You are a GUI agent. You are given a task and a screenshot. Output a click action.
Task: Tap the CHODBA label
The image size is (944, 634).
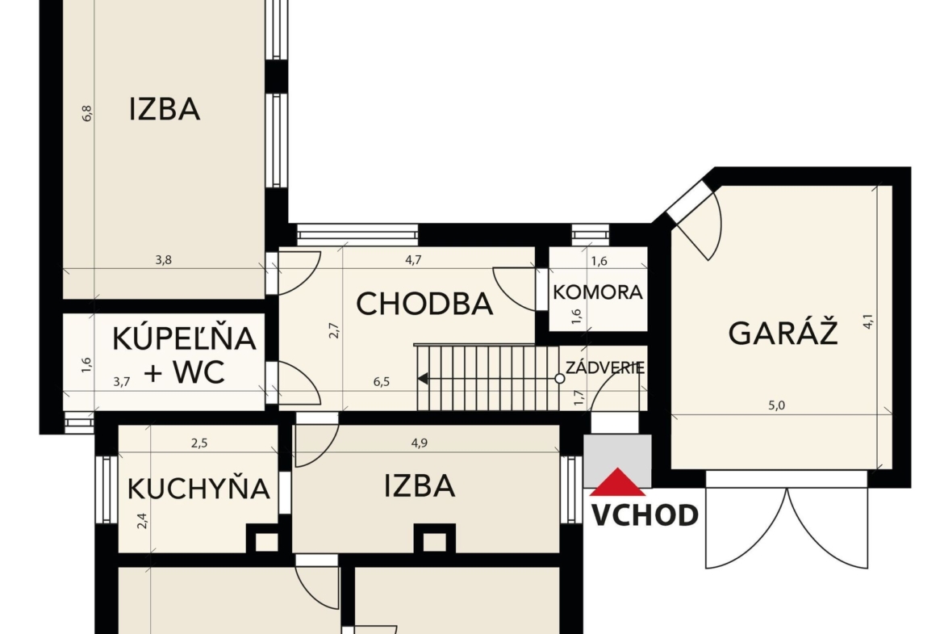tap(424, 304)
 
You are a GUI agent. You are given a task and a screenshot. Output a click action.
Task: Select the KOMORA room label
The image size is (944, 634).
tap(598, 292)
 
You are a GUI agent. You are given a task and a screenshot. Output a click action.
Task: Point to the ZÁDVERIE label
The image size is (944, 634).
tap(605, 367)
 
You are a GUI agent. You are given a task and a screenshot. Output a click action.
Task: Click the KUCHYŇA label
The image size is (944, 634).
tap(198, 488)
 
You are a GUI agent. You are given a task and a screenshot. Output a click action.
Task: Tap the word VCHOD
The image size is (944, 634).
tap(644, 515)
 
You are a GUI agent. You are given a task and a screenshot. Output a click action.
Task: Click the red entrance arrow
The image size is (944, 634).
tap(617, 482)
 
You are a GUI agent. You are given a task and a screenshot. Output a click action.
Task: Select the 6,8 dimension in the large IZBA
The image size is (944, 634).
tap(87, 113)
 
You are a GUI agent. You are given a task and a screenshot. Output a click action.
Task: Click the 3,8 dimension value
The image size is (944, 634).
tap(164, 260)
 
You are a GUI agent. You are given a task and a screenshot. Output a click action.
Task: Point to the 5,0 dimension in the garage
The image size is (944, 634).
tap(777, 405)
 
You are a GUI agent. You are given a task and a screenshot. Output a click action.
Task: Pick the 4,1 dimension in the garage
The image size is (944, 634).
tap(868, 321)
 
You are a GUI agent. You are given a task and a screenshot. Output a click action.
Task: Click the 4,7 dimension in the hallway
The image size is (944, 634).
tap(413, 260)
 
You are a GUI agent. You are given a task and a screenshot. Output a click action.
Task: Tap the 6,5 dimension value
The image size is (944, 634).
tap(381, 381)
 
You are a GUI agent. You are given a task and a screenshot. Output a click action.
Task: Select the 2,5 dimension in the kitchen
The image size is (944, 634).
tap(199, 443)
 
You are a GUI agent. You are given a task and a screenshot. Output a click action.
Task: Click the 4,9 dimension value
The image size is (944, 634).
tap(419, 443)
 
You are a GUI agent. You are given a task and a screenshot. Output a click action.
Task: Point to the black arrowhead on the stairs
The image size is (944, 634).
tap(424, 379)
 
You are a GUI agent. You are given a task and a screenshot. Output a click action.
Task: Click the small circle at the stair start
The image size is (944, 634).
tap(559, 379)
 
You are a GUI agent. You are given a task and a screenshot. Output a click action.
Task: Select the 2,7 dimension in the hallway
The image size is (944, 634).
tap(334, 330)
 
